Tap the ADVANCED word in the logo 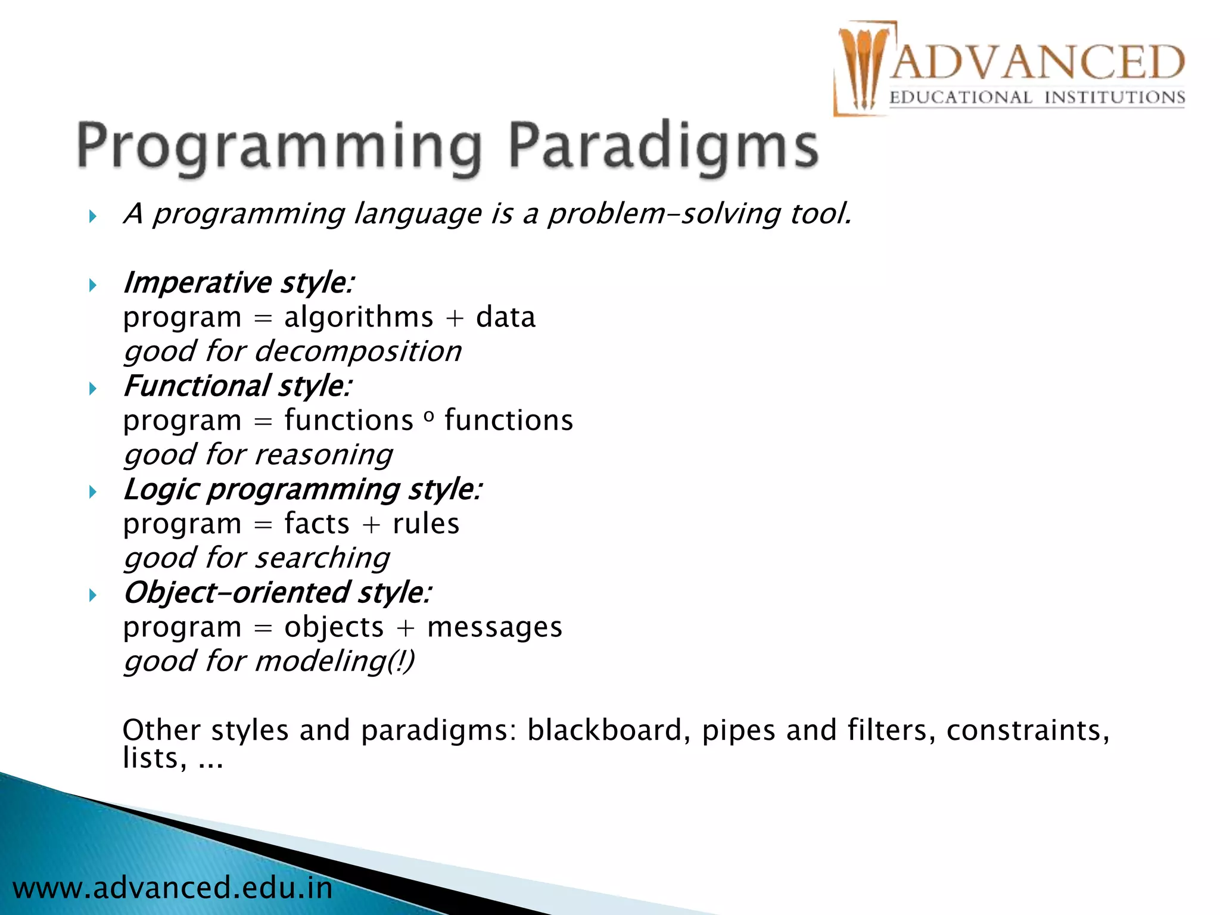click(x=1037, y=62)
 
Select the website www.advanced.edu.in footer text click(x=173, y=888)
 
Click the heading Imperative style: click(x=238, y=282)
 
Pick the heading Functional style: click(x=237, y=386)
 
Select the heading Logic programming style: click(x=302, y=490)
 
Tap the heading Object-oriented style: click(x=277, y=593)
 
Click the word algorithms click(x=359, y=317)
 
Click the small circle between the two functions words click(x=429, y=418)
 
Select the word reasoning click(x=323, y=455)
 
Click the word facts click(x=316, y=524)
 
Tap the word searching click(x=322, y=559)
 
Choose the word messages click(x=494, y=628)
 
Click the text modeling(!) click(x=334, y=662)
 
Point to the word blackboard click(x=605, y=730)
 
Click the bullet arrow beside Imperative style click(x=92, y=285)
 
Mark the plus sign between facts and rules click(x=371, y=525)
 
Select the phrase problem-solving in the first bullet click(x=663, y=214)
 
